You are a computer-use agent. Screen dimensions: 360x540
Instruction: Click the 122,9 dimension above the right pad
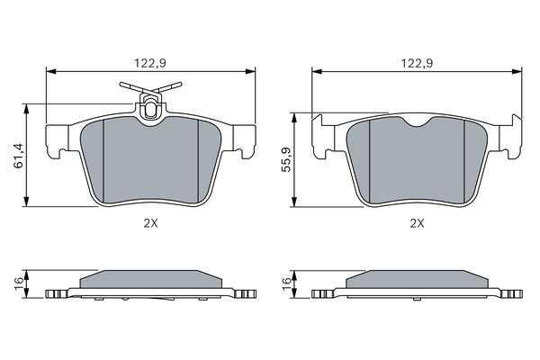click(x=415, y=62)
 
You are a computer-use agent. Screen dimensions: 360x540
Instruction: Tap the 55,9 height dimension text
click(x=287, y=158)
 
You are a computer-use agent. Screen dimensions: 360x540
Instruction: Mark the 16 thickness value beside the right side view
click(x=287, y=283)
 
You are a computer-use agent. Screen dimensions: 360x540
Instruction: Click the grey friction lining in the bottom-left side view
click(x=150, y=278)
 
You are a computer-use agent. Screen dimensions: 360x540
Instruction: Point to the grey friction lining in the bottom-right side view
click(x=417, y=278)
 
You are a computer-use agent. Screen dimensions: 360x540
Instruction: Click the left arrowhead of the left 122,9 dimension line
click(x=49, y=71)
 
